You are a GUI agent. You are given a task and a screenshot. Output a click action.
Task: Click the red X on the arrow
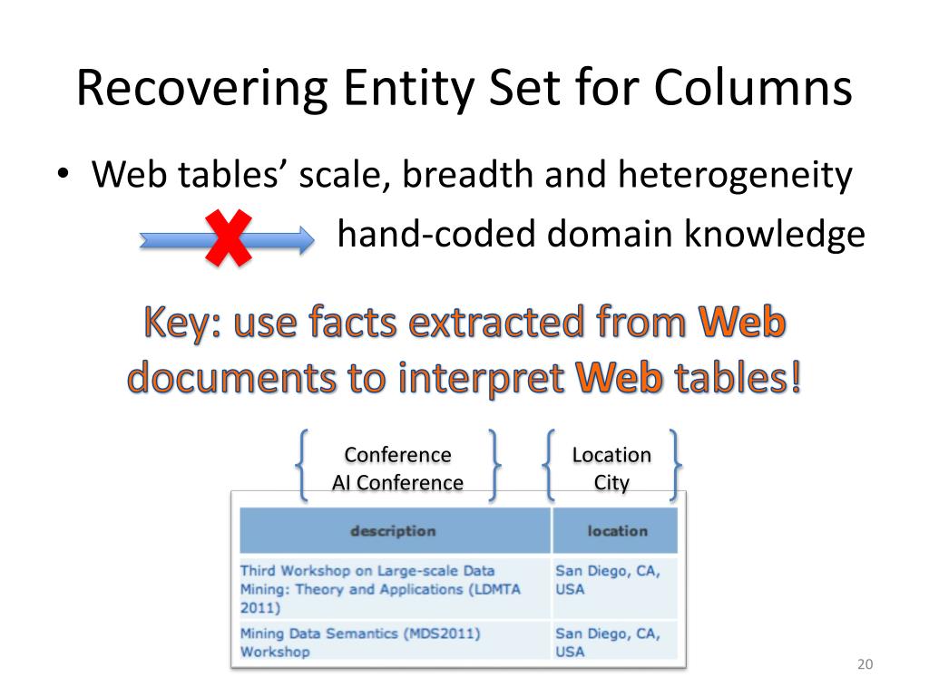230,237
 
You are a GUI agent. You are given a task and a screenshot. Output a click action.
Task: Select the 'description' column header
394,531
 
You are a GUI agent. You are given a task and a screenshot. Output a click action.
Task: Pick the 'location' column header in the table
617,531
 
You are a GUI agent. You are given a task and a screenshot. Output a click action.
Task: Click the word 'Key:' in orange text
182,324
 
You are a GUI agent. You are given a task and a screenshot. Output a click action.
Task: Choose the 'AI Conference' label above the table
397,483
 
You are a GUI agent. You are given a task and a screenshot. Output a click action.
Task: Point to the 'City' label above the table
611,483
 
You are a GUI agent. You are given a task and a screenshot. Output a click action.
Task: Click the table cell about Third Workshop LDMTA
394,588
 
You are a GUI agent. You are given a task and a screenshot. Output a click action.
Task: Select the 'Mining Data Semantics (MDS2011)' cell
394,642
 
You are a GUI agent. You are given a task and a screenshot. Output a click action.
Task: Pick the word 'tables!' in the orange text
735,378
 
